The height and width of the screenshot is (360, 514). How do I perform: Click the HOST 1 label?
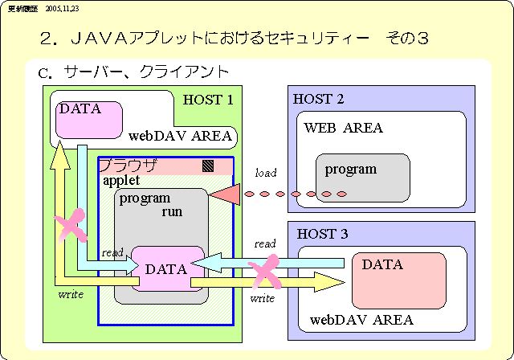pyautogui.click(x=208, y=100)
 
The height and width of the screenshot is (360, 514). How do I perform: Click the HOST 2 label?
pyautogui.click(x=319, y=100)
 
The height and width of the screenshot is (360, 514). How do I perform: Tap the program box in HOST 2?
pyautogui.click(x=363, y=178)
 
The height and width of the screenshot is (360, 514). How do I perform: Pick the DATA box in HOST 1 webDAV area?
pyautogui.click(x=88, y=119)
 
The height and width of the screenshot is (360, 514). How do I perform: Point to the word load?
pyautogui.click(x=266, y=173)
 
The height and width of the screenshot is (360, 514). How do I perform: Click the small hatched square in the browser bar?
pyautogui.click(x=208, y=166)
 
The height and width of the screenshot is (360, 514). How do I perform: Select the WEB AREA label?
pyautogui.click(x=343, y=128)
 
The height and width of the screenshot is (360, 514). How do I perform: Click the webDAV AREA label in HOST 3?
pyautogui.click(x=361, y=320)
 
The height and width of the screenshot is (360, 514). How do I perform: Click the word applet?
pyautogui.click(x=121, y=181)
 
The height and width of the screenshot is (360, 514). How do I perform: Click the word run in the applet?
pyautogui.click(x=172, y=212)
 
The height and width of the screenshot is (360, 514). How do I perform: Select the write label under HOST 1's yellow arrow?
pyautogui.click(x=71, y=294)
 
